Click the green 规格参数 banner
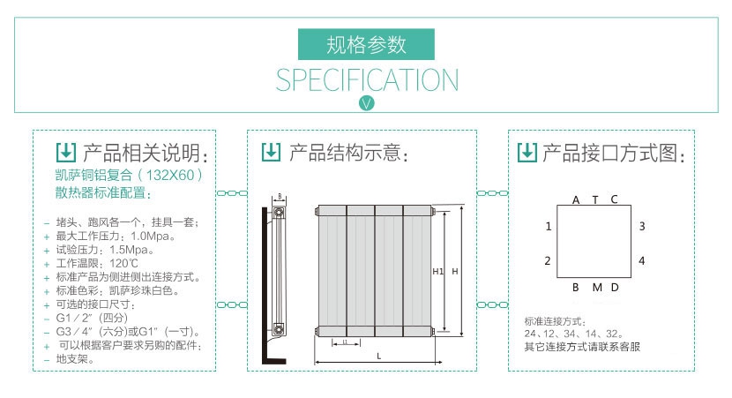pos(366,44)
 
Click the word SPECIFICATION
pos(367,80)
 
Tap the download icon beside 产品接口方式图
pos(526,152)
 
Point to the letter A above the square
pos(576,199)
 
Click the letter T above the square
pos(595,199)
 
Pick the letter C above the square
pos(615,199)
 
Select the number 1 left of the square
pos(548,227)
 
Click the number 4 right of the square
pos(642,260)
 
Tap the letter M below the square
pos(596,288)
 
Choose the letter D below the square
pos(615,288)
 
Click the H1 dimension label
pos(437,272)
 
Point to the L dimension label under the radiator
pos(378,356)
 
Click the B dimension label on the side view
pos(280,197)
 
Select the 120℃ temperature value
pos(121,263)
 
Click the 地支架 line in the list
pos(74,359)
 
